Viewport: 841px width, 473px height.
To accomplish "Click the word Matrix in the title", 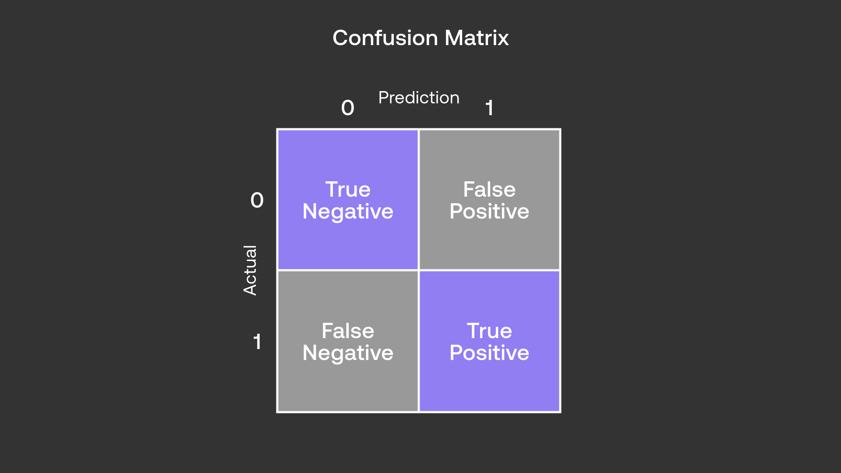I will pos(477,38).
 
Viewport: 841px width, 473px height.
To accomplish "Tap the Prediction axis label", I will pos(419,98).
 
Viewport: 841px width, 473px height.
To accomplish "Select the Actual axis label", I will pos(250,270).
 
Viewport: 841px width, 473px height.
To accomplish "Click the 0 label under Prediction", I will pos(348,108).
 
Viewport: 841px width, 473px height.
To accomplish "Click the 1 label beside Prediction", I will pos(489,108).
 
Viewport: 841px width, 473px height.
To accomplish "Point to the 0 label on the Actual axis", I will pos(257,200).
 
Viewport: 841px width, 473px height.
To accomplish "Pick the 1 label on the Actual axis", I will pos(257,342).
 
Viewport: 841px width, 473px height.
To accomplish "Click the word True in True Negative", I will pos(348,189).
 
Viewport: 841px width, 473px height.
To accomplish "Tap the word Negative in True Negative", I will pos(348,212).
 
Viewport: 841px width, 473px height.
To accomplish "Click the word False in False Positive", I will pos(489,189).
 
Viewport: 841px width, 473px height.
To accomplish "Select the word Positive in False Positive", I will pos(489,212).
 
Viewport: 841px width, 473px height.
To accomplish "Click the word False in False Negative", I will pos(348,331).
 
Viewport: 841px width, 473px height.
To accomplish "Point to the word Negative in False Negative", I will pos(348,353).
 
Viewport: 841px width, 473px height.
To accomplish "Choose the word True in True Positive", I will pos(489,331).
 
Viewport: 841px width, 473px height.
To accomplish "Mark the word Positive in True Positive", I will pos(489,353).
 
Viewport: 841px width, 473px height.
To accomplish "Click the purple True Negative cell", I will pos(348,245).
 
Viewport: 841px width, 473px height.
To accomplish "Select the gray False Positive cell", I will pos(489,245).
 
